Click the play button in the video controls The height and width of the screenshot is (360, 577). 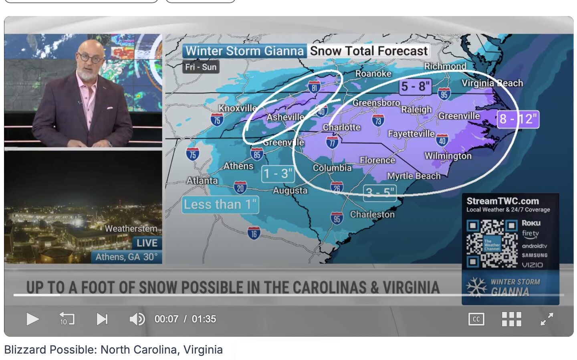tap(32, 319)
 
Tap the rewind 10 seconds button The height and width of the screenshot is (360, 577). tap(67, 319)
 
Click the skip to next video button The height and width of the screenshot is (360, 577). tap(102, 319)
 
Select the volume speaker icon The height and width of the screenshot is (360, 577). tap(137, 319)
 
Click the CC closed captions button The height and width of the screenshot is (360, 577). tap(476, 319)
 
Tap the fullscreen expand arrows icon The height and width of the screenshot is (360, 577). tap(547, 319)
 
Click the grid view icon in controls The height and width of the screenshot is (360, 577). tap(511, 319)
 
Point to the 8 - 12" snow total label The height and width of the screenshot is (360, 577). tap(518, 119)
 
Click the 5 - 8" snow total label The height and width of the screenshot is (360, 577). tap(416, 86)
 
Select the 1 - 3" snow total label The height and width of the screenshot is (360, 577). tap(278, 174)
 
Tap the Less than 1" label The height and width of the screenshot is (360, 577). tap(220, 204)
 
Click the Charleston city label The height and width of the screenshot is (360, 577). tap(372, 214)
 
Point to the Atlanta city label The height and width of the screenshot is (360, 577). tap(202, 181)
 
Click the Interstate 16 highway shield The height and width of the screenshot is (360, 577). tap(254, 233)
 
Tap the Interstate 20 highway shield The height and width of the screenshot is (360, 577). tap(240, 187)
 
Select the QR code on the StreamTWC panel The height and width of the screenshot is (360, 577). tap(492, 243)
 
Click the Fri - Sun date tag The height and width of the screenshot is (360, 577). tap(201, 67)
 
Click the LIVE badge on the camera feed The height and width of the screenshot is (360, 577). tap(147, 243)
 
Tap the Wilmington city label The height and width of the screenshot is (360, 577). tap(448, 156)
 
